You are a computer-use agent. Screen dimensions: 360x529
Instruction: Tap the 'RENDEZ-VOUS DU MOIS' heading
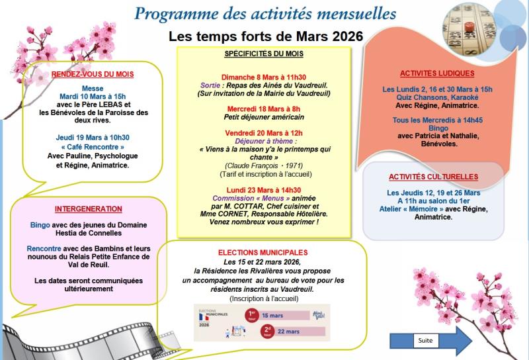(93, 75)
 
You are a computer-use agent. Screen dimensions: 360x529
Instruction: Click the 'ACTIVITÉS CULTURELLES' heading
(434, 177)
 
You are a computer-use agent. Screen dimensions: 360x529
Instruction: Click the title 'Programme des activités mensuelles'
(265, 13)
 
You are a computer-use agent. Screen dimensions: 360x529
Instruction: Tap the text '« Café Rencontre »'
(93, 147)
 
